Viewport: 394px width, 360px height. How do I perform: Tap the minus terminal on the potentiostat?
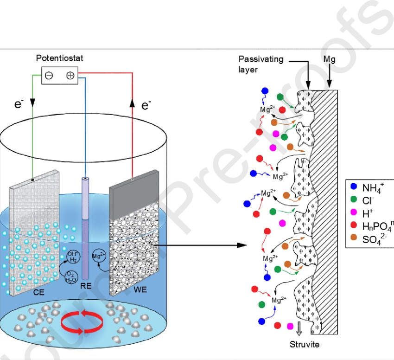[49, 76]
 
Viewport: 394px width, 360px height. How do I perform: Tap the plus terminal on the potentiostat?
[70, 76]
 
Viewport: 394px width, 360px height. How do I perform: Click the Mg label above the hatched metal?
[330, 60]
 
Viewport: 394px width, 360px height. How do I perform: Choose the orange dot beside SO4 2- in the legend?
[354, 240]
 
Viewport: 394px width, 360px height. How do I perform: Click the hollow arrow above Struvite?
[299, 328]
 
